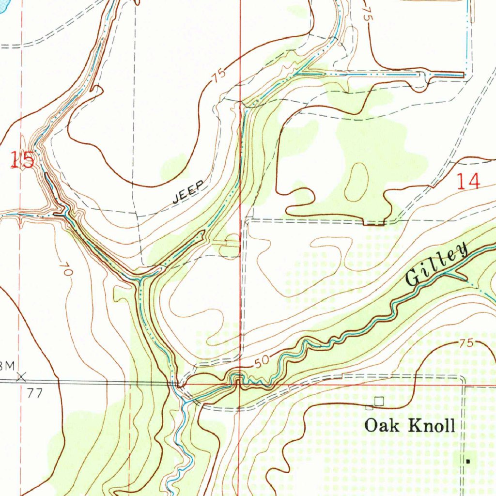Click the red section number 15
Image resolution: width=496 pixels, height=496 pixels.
(23, 160)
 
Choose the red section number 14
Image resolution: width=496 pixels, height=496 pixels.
(469, 182)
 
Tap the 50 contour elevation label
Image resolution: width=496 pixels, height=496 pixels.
(261, 361)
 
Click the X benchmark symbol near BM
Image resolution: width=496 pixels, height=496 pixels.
(21, 376)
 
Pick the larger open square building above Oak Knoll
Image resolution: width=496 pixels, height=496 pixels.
(379, 401)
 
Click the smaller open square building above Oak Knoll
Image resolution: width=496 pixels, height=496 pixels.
(369, 407)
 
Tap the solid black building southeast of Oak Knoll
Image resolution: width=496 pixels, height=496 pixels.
(468, 462)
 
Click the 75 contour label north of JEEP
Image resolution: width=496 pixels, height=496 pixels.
(218, 75)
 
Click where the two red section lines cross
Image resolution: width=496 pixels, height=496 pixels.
(240, 385)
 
